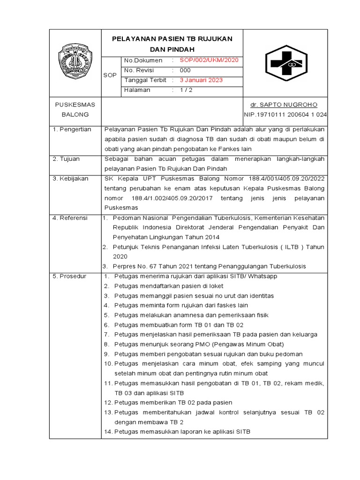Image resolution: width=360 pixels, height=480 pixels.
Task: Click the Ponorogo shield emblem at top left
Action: (75, 61)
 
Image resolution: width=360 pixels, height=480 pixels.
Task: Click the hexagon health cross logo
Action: (285, 63)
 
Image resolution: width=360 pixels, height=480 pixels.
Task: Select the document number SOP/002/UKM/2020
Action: (209, 60)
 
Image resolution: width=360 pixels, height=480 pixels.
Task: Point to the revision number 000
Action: (185, 70)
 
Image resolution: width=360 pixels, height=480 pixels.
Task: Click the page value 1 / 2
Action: (186, 90)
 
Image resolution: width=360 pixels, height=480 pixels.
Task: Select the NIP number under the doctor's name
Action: (285, 114)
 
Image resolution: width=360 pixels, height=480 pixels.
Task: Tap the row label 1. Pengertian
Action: (72, 129)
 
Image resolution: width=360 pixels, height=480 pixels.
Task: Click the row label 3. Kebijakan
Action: (70, 179)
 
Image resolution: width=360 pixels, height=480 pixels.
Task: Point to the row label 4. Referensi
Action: (70, 218)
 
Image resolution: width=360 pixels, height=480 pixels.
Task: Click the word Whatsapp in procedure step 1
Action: (262, 277)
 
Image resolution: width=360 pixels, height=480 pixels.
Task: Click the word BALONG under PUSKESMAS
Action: (75, 114)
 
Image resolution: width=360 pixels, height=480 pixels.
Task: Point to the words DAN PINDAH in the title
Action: (172, 49)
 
